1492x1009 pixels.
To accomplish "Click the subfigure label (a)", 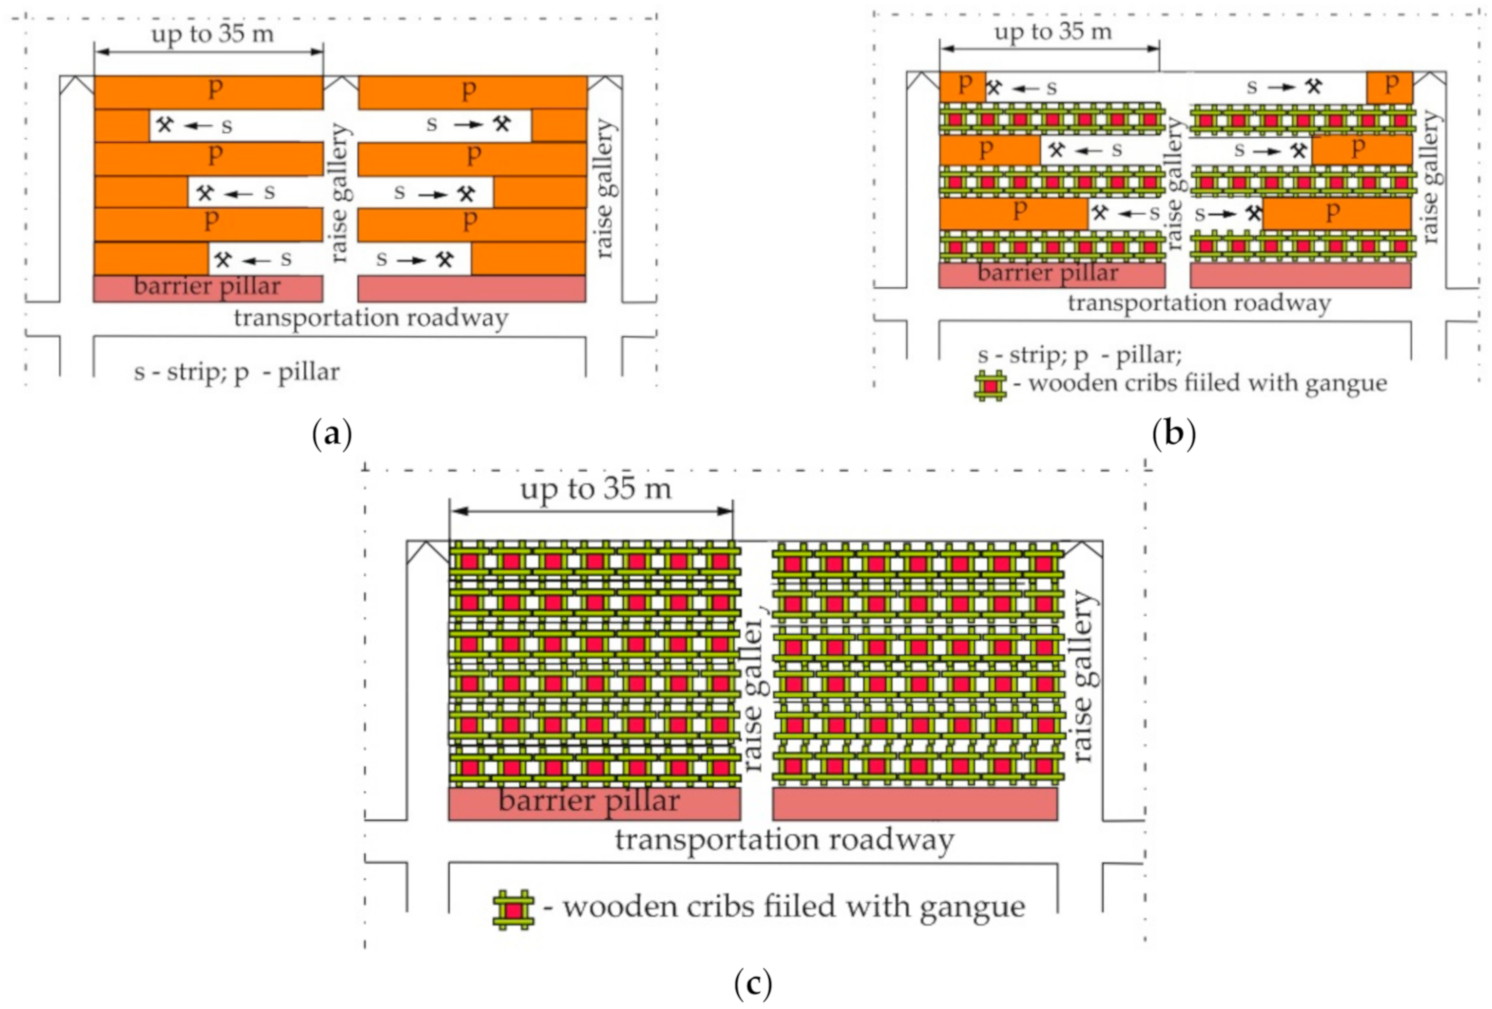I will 332,434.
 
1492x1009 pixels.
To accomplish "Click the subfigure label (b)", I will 1173,434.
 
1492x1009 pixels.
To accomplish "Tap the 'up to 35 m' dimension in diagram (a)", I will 212,34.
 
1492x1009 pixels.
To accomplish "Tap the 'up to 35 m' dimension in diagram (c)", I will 595,489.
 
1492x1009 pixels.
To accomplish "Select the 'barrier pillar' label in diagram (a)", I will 207,286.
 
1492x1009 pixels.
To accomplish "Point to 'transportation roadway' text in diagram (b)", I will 1199,303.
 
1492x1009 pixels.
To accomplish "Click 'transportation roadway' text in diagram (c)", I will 784,839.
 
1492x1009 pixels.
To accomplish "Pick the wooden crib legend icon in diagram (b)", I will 990,385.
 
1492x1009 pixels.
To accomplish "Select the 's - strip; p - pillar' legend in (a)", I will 236,371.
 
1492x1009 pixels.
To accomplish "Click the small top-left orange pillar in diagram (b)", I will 962,87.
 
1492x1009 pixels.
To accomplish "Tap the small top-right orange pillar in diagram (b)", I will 1389,87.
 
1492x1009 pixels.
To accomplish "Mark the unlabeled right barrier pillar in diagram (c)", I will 915,803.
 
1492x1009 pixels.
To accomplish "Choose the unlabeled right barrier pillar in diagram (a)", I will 472,288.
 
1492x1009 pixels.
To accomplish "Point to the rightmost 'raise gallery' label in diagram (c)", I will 1083,676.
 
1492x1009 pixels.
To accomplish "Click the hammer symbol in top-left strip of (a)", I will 165,125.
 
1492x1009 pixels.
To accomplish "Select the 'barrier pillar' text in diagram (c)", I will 588,801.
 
